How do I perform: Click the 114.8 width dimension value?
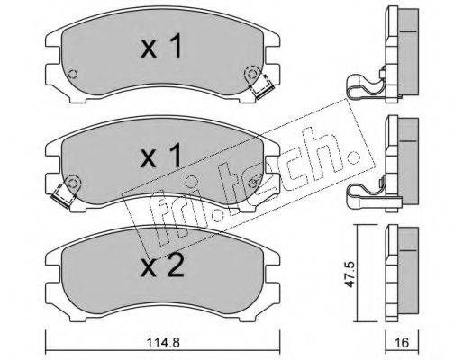163,342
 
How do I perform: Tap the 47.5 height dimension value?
350,274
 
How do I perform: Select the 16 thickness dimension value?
403,342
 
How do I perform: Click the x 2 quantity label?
162,266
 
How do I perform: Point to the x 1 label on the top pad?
161,46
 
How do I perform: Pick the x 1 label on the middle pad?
161,156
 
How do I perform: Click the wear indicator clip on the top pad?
262,87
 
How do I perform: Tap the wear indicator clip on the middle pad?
64,196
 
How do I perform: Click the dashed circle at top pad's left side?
73,74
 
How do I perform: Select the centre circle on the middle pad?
190,182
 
